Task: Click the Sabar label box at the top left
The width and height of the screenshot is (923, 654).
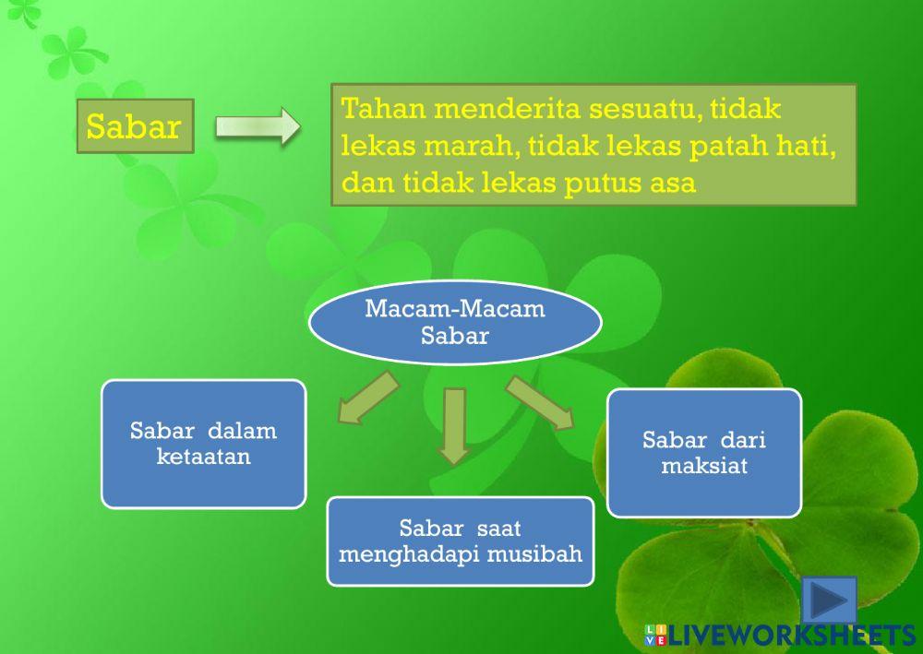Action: pos(135,126)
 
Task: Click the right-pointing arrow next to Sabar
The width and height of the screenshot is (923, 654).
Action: pos(258,125)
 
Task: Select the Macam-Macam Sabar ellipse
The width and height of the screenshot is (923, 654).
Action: pos(455,322)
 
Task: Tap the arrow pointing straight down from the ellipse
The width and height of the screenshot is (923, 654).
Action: pos(453,423)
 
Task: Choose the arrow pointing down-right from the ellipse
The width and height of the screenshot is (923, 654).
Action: pos(540,402)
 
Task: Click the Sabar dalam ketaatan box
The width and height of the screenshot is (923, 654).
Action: pos(203,444)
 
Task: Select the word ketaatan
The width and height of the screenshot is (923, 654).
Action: pos(203,456)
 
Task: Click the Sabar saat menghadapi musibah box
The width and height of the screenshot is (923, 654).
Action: pos(460,541)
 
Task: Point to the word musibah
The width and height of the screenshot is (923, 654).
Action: pos(543,553)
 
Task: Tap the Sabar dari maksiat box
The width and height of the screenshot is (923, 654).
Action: pos(703,452)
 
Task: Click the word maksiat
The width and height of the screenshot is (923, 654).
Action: pos(704,466)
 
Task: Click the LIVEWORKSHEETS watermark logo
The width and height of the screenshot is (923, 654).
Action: pos(779,634)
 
